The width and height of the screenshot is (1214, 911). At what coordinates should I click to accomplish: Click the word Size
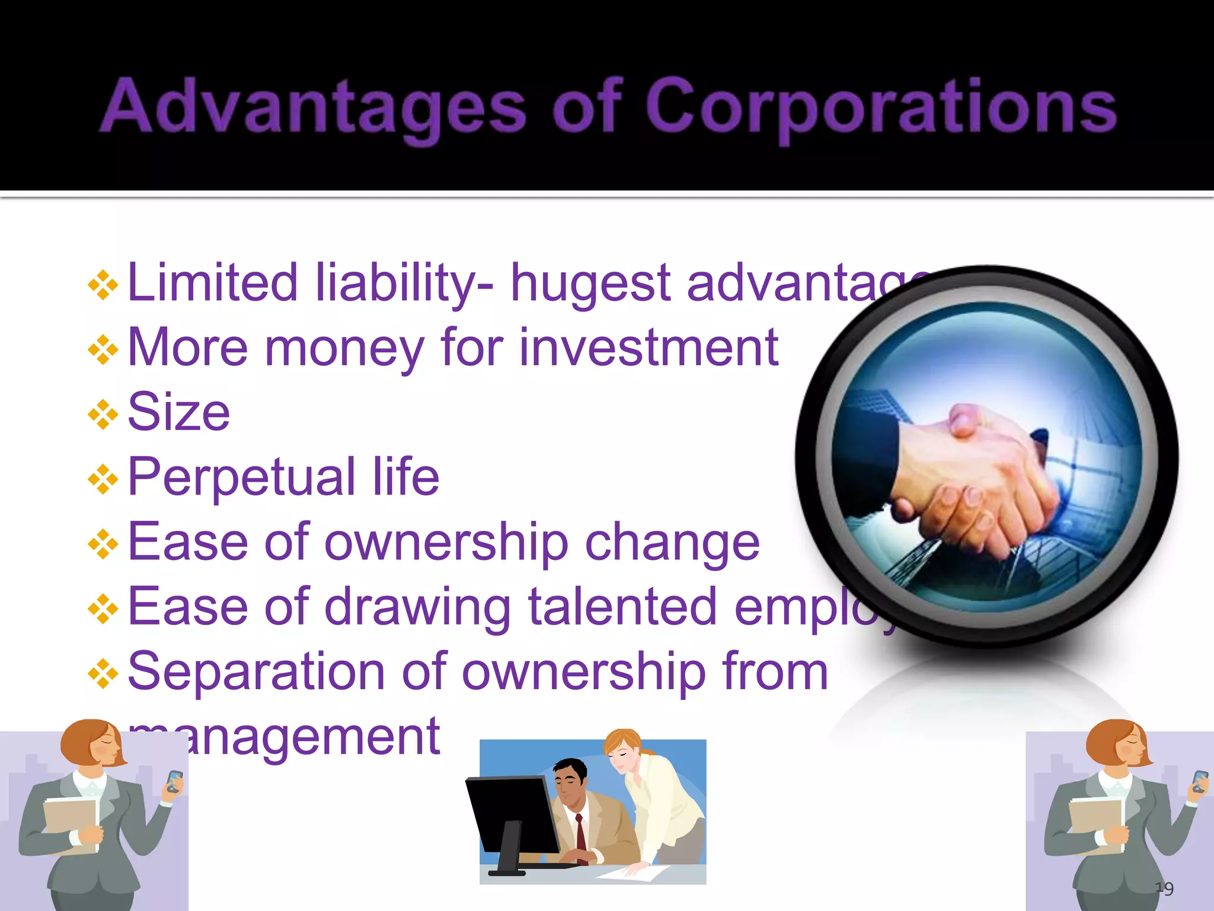[178, 412]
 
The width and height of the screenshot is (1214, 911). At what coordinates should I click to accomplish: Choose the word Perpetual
[242, 478]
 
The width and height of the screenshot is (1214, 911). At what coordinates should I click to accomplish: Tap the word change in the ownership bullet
[672, 543]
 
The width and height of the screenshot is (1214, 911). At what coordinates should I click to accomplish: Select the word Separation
[256, 673]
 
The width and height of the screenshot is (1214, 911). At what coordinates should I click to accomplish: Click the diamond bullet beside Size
[103, 414]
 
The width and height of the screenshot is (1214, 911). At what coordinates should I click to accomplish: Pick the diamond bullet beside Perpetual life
[103, 479]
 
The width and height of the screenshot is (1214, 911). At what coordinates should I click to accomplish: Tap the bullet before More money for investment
[103, 350]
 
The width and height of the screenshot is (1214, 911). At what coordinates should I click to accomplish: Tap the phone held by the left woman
[174, 781]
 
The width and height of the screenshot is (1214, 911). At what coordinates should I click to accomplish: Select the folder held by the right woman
[1097, 824]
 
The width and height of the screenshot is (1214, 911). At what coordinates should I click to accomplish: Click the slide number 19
[1164, 888]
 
